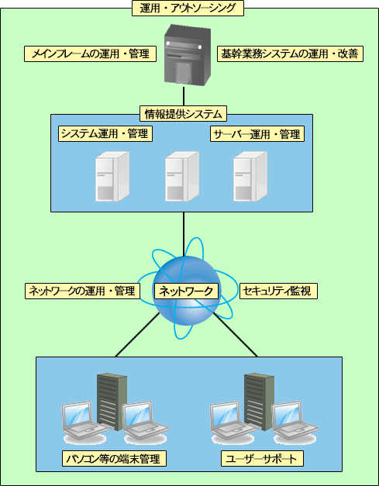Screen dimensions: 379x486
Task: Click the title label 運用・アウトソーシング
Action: [188, 9]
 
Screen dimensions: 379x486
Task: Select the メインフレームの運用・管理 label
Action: [90, 54]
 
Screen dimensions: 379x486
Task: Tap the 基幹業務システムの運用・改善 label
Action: [290, 54]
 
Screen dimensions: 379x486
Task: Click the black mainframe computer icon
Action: [188, 55]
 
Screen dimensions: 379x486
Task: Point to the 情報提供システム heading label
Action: [184, 114]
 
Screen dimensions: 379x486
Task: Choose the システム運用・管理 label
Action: [105, 134]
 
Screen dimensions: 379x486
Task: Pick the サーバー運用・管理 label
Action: [257, 134]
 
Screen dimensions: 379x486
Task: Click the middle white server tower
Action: [182, 177]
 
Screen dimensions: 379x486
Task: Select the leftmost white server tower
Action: [112, 177]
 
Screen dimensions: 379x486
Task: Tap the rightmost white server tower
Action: [250, 177]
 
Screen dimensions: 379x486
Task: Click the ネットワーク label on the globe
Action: [186, 291]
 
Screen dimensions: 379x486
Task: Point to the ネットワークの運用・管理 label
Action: [82, 291]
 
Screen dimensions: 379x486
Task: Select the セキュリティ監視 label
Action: [278, 291]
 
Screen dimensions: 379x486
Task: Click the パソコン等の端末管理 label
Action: [114, 459]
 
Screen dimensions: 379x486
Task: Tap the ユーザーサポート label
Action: [262, 459]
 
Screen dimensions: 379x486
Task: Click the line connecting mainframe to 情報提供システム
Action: [184, 96]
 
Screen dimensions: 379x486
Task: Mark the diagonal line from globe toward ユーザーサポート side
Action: [235, 335]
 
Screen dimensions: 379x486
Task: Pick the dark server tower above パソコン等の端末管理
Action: [112, 402]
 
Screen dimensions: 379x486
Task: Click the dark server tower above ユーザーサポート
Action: [259, 402]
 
